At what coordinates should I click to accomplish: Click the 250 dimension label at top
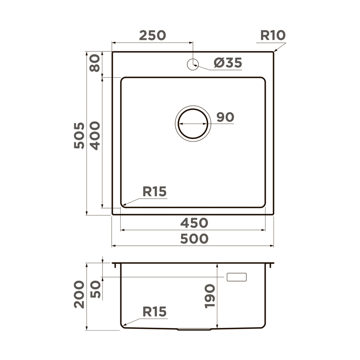(152, 35)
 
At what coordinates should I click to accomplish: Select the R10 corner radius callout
(273, 36)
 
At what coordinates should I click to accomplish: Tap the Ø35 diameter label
(228, 63)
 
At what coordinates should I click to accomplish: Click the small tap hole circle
(193, 64)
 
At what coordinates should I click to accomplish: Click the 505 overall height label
(80, 135)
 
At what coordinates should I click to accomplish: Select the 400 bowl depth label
(95, 135)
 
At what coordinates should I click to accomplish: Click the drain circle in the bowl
(193, 124)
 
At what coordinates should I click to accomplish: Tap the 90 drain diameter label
(225, 117)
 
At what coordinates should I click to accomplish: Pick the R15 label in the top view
(154, 192)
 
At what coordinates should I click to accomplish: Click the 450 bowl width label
(194, 223)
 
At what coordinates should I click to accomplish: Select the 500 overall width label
(194, 239)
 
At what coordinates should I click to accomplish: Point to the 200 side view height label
(80, 295)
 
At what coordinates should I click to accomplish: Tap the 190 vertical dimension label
(210, 296)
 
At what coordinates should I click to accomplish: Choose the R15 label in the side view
(154, 311)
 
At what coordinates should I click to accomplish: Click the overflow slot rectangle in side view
(237, 277)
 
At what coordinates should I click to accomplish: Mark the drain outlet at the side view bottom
(194, 329)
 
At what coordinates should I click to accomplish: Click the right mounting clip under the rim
(270, 266)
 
